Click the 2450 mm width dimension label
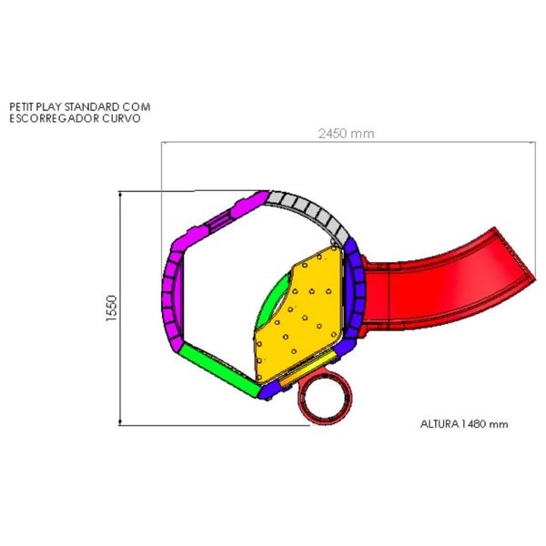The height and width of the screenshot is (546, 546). [x=346, y=134]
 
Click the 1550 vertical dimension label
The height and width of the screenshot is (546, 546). [x=112, y=308]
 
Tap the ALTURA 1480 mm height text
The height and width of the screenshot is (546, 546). [x=464, y=424]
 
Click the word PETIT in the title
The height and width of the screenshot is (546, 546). [x=21, y=106]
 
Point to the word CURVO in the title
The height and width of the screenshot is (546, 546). [x=122, y=118]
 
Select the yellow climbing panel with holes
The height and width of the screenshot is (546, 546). [x=299, y=313]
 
